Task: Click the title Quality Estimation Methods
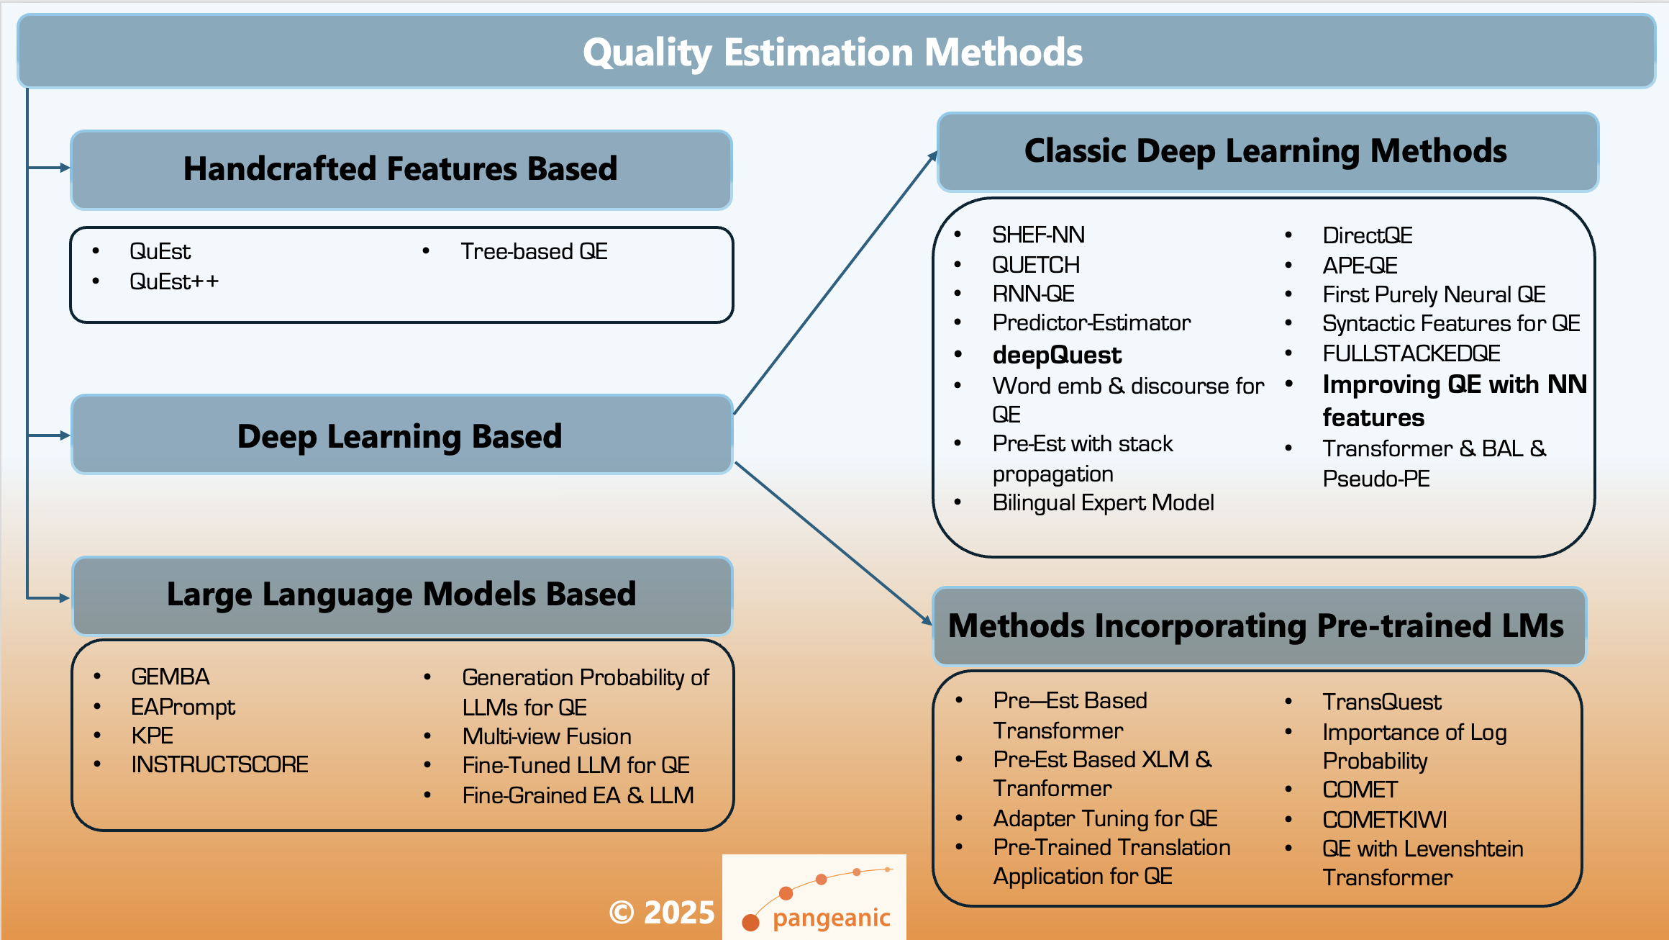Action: [832, 53]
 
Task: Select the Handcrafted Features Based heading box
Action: [401, 169]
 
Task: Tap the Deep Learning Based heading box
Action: [401, 436]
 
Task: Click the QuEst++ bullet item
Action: [173, 281]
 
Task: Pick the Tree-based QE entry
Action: [534, 251]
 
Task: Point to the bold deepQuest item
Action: [1056, 355]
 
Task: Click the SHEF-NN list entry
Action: [1038, 235]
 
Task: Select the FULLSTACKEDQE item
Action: [1411, 353]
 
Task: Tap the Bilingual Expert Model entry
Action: [1103, 502]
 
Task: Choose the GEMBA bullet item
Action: [170, 677]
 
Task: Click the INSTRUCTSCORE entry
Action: [219, 764]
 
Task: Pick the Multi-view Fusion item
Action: [547, 736]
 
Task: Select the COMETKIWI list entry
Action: [1384, 820]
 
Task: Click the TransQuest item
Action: [1381, 702]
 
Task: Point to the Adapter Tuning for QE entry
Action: [1105, 818]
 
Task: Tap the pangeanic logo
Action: [814, 898]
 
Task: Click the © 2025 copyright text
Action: [661, 913]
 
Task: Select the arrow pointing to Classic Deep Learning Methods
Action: [834, 283]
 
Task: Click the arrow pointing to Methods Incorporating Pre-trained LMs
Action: [834, 543]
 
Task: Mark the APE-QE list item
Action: [1360, 266]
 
